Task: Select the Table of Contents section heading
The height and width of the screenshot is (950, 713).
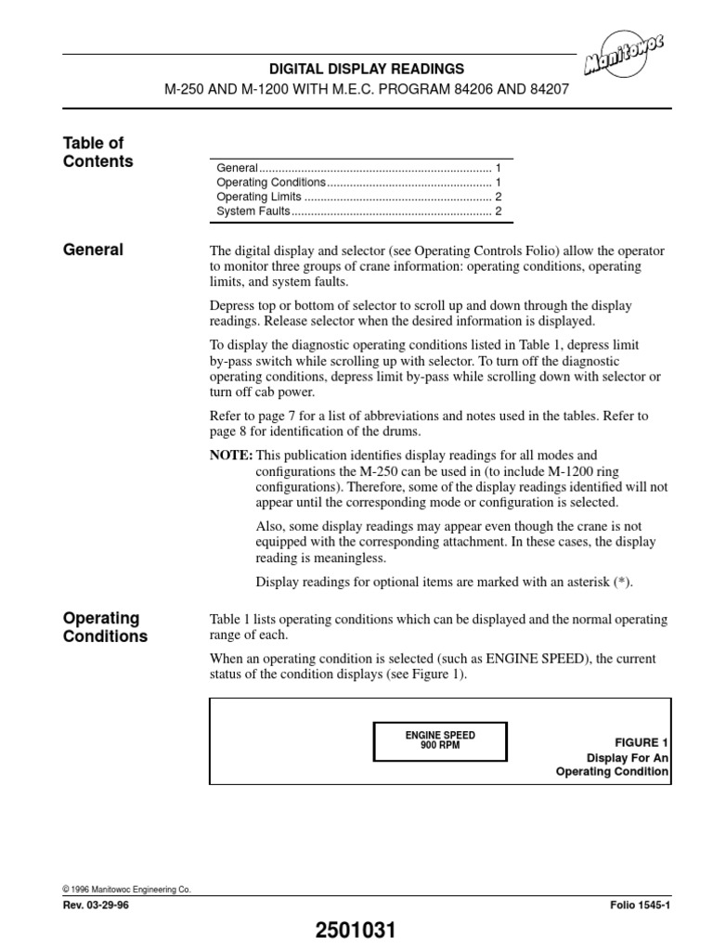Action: (97, 152)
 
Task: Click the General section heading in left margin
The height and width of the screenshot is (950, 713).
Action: (93, 250)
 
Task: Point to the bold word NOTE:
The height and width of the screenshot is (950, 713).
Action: (231, 456)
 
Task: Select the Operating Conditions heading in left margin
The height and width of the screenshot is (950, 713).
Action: (104, 627)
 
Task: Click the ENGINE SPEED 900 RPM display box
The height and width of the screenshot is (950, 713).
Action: (440, 739)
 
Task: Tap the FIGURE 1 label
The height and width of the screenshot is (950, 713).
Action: (642, 743)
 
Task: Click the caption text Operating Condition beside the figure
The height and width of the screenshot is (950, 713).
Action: (612, 772)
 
